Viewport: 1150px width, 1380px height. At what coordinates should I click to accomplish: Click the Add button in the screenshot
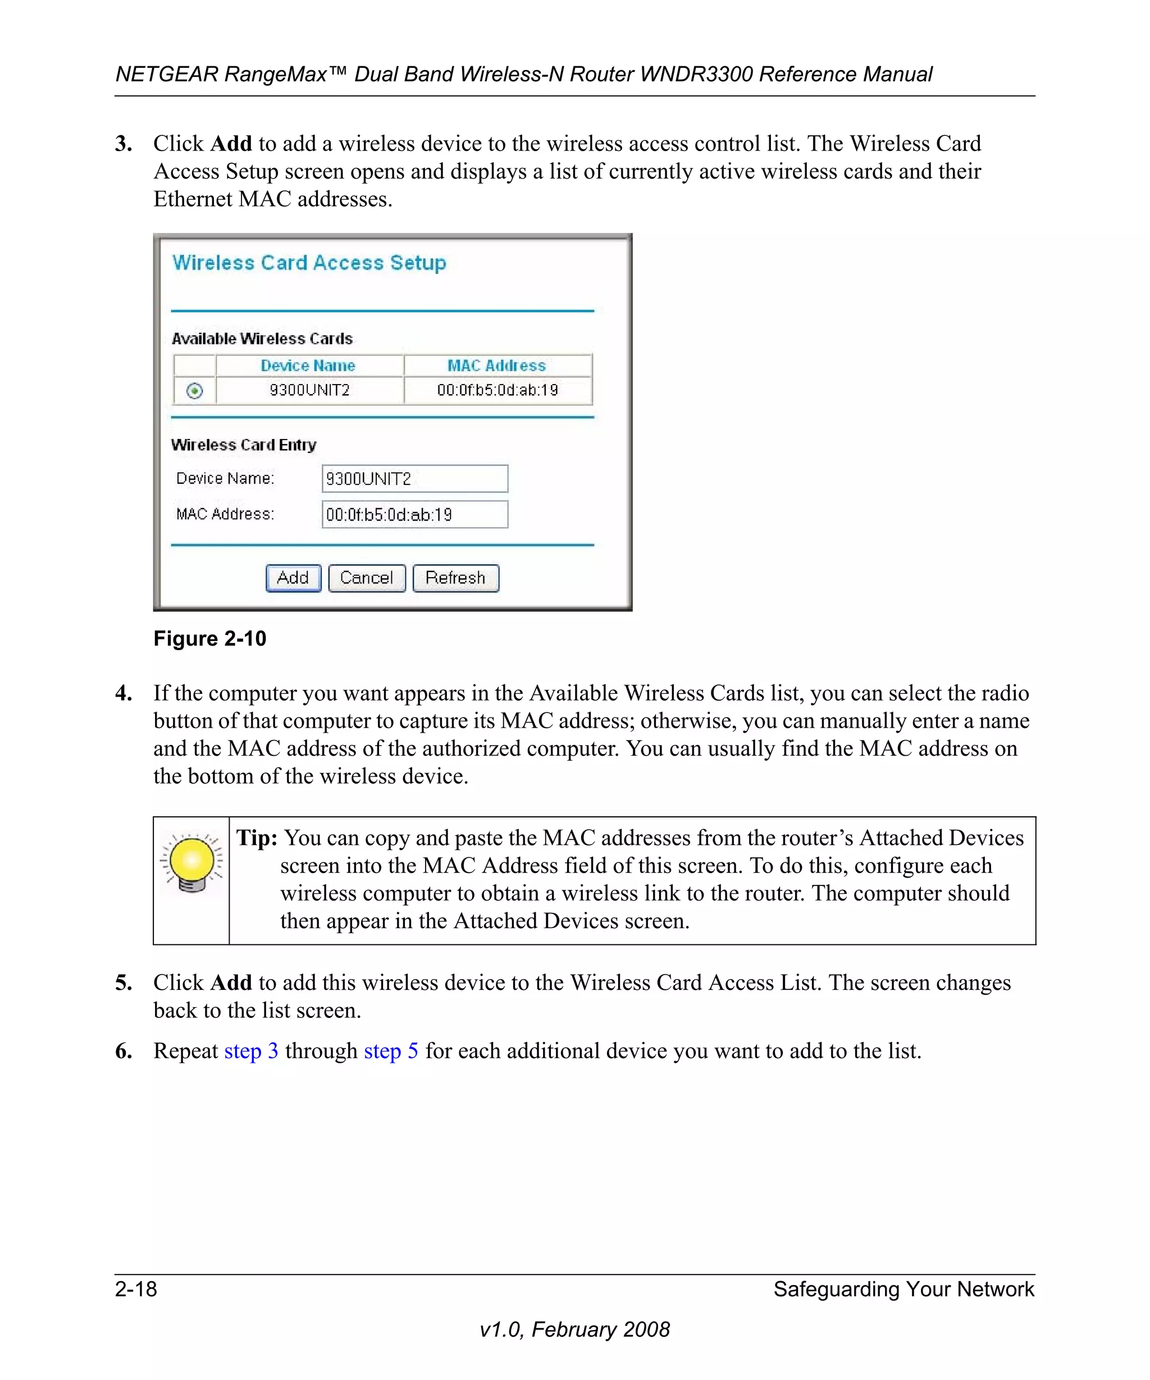tap(293, 578)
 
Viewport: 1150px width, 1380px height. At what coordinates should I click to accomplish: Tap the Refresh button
tap(455, 578)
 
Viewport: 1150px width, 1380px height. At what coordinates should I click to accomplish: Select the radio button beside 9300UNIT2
tap(194, 391)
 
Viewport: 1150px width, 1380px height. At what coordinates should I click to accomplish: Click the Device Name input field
tap(414, 478)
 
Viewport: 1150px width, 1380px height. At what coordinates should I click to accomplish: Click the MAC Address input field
tap(414, 514)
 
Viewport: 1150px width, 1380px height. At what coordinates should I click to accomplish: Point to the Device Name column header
tap(308, 365)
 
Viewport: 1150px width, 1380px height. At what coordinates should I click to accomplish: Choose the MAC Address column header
tap(497, 365)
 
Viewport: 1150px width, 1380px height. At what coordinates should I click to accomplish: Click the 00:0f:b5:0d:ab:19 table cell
tap(498, 390)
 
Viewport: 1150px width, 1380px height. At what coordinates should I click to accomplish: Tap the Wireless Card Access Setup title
tap(309, 263)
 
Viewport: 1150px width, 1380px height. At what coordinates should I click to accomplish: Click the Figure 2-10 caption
tap(209, 639)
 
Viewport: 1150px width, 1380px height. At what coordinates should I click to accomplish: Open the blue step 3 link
tap(251, 1051)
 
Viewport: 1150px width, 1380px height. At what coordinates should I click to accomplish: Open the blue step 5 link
tap(391, 1051)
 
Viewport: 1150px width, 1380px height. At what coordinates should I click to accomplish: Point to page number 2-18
tap(136, 1289)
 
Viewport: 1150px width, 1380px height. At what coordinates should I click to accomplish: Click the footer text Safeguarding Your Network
tap(903, 1289)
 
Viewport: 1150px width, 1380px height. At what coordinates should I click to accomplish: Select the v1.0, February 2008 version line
tap(574, 1329)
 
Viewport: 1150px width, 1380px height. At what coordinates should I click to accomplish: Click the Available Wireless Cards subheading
tap(262, 339)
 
